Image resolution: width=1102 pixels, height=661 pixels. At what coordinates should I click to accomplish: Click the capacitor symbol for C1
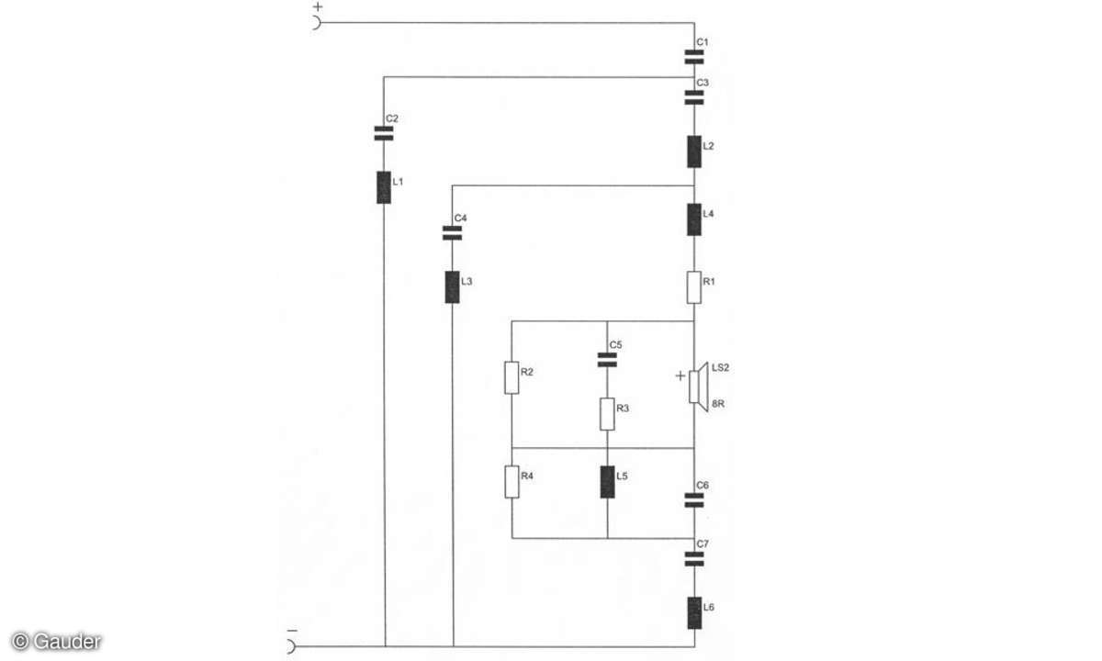coord(694,57)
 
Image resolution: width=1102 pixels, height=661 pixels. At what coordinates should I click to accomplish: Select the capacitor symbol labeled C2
coord(384,133)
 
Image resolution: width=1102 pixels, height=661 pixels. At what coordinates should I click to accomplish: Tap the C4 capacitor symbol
coord(452,233)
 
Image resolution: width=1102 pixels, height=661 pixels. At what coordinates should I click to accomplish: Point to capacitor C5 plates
coord(607,360)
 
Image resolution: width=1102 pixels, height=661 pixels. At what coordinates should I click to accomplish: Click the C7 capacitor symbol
coord(694,559)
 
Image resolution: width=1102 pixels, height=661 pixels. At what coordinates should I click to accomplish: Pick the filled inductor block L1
coord(384,187)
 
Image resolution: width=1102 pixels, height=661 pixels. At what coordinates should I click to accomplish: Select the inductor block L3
coord(452,287)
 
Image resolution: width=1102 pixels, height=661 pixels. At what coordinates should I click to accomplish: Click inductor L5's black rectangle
coord(607,482)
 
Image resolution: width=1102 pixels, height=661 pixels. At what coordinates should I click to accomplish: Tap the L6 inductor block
coord(694,613)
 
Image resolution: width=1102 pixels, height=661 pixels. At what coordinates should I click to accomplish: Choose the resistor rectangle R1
coord(694,287)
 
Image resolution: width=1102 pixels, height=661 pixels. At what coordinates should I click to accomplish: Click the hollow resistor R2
coord(512,377)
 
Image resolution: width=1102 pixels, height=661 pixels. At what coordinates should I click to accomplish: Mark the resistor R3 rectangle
coord(607,414)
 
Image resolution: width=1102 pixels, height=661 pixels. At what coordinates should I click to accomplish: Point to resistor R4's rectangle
coord(512,482)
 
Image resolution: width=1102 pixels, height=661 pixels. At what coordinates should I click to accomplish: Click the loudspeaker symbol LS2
coord(698,387)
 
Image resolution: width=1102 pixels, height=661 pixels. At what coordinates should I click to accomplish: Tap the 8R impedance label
coord(718,404)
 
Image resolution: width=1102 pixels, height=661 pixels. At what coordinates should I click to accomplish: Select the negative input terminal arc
coord(292,646)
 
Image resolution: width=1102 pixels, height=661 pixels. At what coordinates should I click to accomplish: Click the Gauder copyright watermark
coord(56,642)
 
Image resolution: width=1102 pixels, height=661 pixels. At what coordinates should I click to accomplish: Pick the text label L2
coord(708,146)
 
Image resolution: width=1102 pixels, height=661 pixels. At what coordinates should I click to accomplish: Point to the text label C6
coord(703,486)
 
